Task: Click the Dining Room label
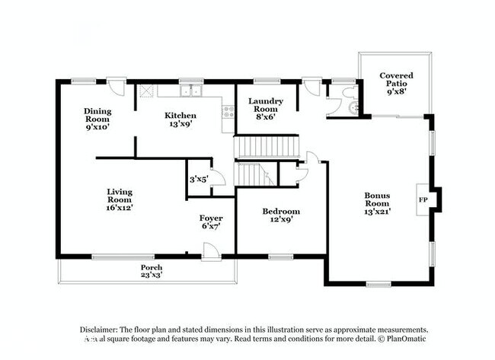(x=97, y=120)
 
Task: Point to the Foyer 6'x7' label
(x=211, y=222)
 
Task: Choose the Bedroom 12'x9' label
(x=281, y=215)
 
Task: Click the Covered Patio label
(x=396, y=81)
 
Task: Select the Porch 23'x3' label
(x=151, y=272)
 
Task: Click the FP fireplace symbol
(x=423, y=199)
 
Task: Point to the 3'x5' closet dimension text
(x=199, y=179)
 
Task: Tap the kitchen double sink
(x=190, y=92)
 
